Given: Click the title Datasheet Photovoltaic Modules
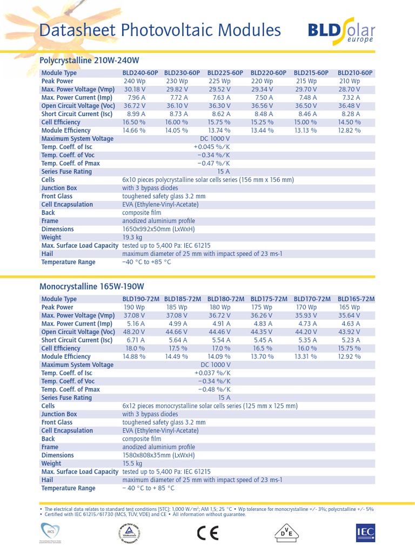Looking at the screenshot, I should coord(160,30).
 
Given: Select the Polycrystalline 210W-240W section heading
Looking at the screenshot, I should coord(90,60).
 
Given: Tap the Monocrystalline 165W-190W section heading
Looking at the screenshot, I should coord(92,286).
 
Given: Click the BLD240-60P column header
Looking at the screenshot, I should coord(139,73).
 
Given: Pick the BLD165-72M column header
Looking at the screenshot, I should coord(356,299).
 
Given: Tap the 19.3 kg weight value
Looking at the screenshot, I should coord(132,237).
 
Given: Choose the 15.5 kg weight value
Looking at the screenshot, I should coord(132,463).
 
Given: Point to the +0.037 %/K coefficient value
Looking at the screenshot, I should coord(211,373).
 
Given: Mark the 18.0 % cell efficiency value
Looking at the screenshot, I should coord(135,348).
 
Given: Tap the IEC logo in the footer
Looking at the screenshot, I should coord(365,532).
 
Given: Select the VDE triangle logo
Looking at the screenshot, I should coord(285,532).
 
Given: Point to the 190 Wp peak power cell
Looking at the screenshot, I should coord(135,307).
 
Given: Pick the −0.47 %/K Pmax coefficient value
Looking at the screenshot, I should coord(211,163).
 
